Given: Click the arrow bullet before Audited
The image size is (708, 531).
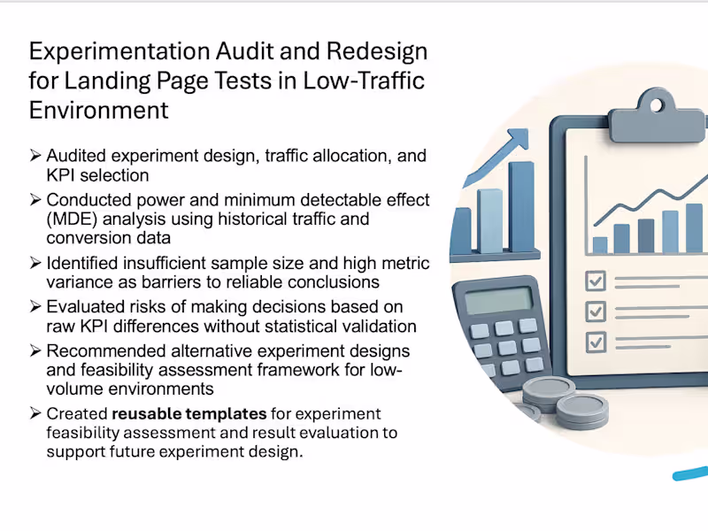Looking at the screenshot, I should pyautogui.click(x=35, y=156).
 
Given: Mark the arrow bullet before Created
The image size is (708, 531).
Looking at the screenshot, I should pyautogui.click(x=35, y=413).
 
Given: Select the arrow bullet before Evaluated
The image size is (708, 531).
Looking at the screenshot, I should pyautogui.click(x=35, y=306).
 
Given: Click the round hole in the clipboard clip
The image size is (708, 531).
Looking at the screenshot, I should pyautogui.click(x=656, y=105).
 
